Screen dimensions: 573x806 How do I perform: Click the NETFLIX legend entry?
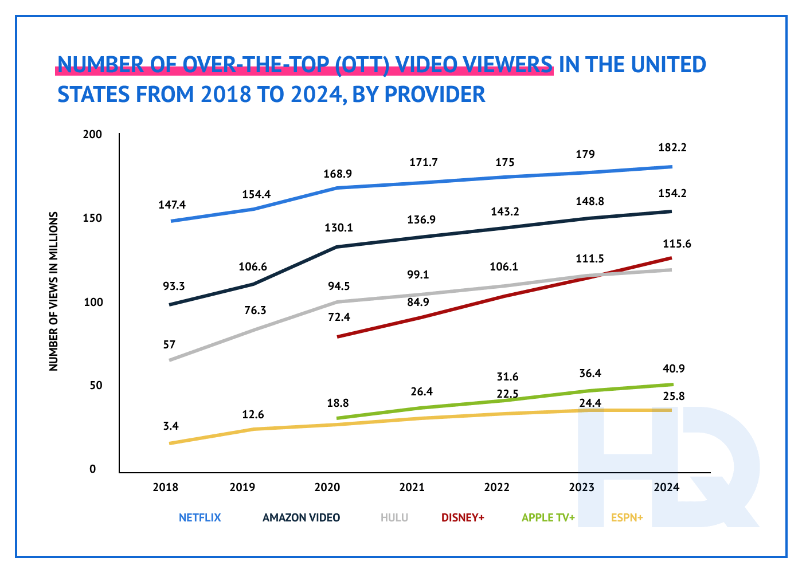[199, 517]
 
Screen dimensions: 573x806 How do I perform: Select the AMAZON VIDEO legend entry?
[301, 517]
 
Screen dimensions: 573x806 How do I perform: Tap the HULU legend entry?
[394, 517]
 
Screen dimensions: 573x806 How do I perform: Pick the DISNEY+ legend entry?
[463, 517]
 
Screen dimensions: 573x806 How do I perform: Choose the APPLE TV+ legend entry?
[548, 517]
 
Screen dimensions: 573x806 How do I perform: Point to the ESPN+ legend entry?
[627, 517]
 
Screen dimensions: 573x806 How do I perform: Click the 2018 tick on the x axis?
[165, 488]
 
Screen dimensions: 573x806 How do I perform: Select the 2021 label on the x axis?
[412, 488]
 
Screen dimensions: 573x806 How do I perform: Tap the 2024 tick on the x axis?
[667, 488]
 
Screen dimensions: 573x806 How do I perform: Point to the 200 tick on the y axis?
[93, 135]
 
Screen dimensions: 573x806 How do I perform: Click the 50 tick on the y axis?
[96, 386]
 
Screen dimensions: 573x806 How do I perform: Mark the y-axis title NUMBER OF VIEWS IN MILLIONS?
[54, 291]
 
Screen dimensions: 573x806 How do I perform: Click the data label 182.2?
[672, 147]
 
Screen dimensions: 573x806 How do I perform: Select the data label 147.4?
[172, 205]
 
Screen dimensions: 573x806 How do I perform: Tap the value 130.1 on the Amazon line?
[339, 227]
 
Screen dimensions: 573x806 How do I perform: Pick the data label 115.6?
[677, 244]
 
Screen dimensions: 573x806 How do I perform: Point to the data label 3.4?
[171, 426]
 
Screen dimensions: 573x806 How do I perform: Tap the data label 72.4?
[339, 317]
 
